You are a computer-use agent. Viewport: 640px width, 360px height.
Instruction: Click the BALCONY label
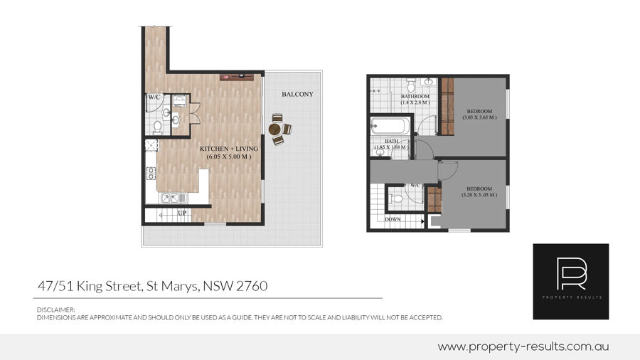pos(297,95)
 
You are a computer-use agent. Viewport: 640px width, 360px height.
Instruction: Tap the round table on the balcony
pos(274,129)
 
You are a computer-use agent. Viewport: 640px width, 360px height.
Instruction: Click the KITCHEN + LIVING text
pos(228,149)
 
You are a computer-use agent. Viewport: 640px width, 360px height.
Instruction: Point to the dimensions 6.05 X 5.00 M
pos(228,157)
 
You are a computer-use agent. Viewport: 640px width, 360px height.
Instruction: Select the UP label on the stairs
pos(182,213)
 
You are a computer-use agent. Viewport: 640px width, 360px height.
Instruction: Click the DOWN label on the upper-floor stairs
pos(393,219)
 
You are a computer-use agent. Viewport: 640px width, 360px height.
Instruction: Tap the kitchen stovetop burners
pos(151,173)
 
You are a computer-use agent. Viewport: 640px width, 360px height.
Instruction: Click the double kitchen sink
pos(174,198)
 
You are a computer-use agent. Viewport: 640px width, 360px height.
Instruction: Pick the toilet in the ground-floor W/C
pos(158,127)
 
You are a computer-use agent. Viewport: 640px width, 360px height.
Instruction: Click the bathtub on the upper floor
pos(390,126)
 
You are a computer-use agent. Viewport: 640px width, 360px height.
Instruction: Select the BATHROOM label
pos(415,97)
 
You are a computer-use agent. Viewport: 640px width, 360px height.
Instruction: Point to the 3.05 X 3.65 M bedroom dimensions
pos(479,117)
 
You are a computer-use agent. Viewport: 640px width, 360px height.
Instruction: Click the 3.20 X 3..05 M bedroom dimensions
pos(479,195)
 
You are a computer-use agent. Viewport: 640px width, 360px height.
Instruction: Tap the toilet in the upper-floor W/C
pos(396,198)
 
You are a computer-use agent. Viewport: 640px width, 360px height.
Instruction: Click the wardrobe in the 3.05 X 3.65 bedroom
pos(447,107)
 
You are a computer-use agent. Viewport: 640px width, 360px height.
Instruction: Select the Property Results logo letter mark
pos(571,273)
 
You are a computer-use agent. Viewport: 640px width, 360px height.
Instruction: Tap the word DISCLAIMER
pos(56,309)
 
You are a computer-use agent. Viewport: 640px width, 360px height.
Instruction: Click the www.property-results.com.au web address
pos(523,347)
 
